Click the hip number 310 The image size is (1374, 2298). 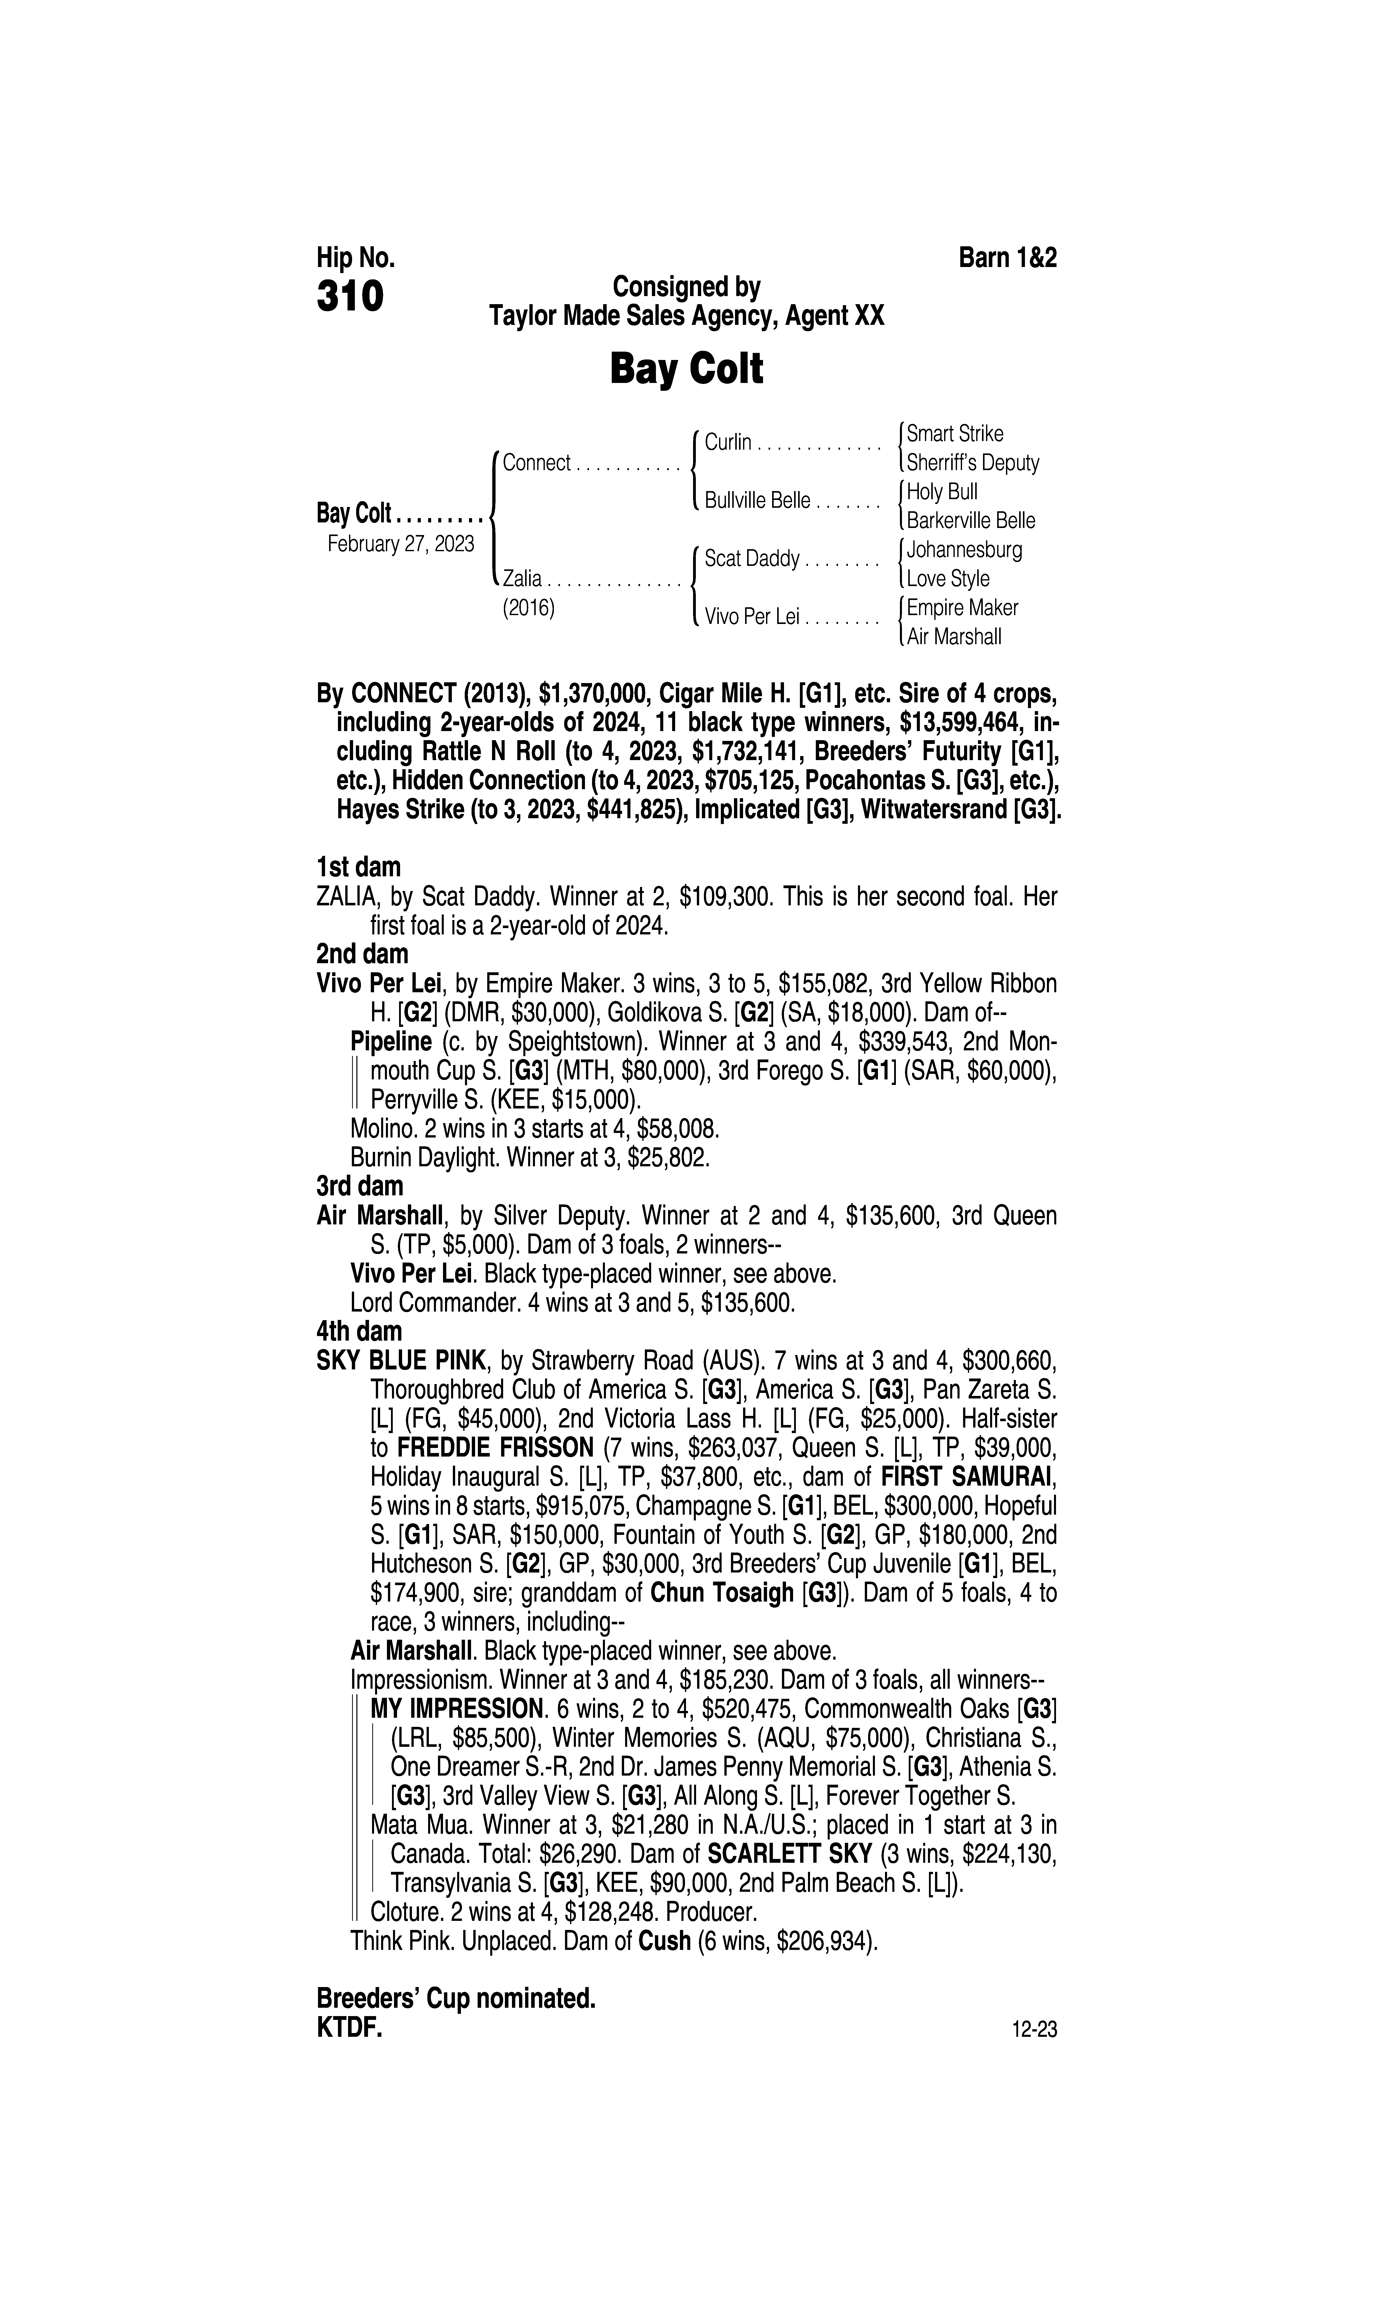(350, 297)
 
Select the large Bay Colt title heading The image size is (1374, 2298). (686, 369)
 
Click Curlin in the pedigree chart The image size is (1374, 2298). (728, 443)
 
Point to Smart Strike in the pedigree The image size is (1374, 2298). (954, 433)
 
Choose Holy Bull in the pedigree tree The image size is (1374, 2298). (942, 492)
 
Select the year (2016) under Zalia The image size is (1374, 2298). (528, 609)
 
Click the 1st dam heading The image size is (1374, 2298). (358, 867)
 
